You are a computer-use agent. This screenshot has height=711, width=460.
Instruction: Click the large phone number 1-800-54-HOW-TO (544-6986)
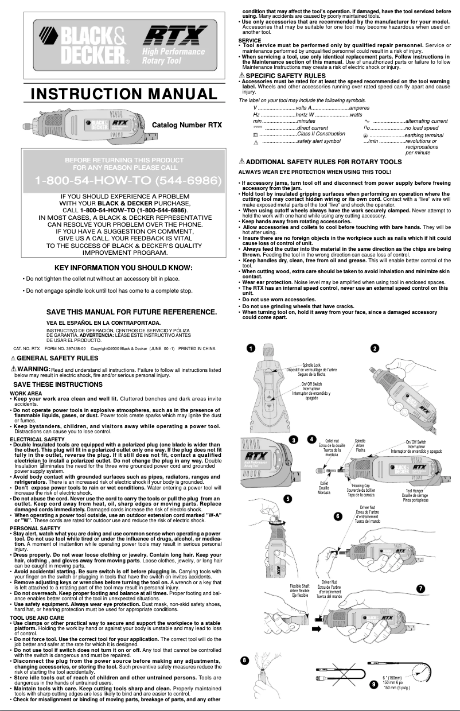[127, 181]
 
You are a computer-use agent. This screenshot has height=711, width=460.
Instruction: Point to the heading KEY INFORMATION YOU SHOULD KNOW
[123, 267]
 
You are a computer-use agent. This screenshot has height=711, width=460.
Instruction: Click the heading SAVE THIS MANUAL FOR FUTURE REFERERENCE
[131, 312]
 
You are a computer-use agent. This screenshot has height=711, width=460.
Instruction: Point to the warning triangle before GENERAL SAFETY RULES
[13, 358]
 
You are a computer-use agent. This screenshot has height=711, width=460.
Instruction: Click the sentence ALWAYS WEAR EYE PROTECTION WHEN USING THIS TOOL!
[314, 172]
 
